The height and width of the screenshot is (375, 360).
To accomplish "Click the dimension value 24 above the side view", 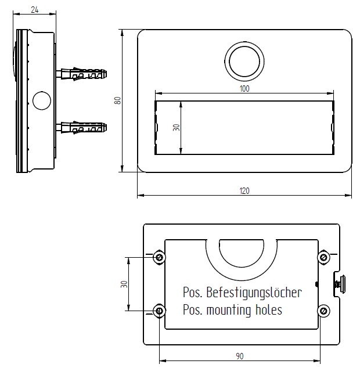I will [x=35, y=9].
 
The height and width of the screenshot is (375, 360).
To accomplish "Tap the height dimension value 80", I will [x=117, y=100].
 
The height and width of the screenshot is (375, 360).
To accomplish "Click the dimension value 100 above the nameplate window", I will [x=244, y=88].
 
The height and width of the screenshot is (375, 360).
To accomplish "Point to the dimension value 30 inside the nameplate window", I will [x=176, y=127].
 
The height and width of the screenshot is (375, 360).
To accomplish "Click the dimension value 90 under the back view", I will [x=240, y=355].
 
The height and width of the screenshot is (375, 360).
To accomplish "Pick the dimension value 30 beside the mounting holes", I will [x=123, y=284].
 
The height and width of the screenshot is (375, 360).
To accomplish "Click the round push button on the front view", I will [x=244, y=61].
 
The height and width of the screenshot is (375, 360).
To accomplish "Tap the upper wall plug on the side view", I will [x=83, y=74].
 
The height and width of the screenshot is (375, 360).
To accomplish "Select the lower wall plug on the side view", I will [x=83, y=127].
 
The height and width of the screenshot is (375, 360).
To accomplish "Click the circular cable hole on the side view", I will [x=42, y=100].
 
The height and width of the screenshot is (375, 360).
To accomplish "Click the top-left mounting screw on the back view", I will [x=159, y=257].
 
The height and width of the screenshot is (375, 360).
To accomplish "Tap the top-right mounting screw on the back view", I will [x=323, y=257].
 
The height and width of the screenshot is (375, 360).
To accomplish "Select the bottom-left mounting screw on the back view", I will [x=159, y=311].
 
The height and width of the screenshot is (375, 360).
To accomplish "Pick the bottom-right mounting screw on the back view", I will [x=323, y=311].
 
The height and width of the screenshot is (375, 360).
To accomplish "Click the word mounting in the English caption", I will [x=229, y=310].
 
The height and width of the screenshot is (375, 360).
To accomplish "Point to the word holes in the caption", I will [x=268, y=310].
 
